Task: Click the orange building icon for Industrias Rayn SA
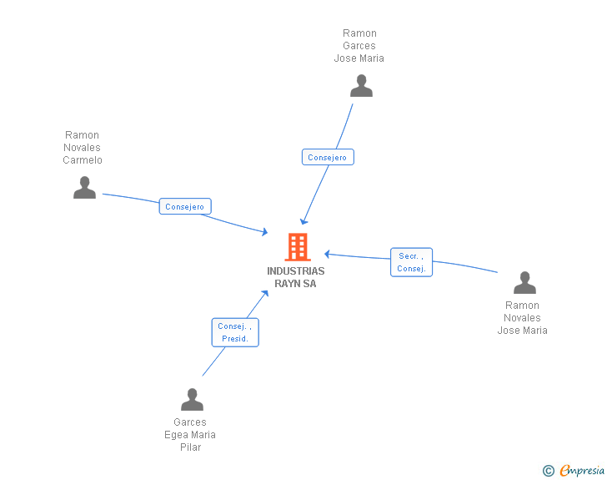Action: point(298,246)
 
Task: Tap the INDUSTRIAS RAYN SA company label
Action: point(296,277)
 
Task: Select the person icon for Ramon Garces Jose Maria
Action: point(361,86)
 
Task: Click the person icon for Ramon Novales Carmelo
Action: point(84,188)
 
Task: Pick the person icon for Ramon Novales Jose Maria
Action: point(524,283)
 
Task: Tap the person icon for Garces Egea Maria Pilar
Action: point(192,399)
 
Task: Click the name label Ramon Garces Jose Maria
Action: point(359,46)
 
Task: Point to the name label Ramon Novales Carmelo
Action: point(83,148)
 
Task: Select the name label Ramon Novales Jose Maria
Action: point(522,318)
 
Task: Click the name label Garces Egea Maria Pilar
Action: point(190,435)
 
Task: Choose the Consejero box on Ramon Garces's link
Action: point(328,157)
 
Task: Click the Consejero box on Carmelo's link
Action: point(185,206)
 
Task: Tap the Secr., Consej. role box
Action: point(411,262)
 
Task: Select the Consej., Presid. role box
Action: point(235,332)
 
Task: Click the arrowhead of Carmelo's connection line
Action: point(265,232)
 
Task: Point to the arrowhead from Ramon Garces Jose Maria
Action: point(303,222)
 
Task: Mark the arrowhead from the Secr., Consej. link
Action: point(327,254)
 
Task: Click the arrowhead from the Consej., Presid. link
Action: point(265,294)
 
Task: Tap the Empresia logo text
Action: point(582,470)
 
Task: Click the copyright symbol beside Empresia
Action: point(549,471)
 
